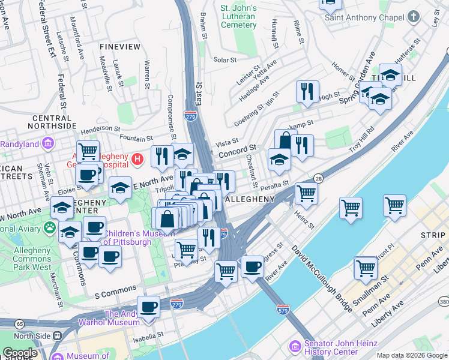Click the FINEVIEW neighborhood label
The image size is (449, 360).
click(120, 46)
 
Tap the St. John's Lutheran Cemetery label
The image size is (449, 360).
click(238, 16)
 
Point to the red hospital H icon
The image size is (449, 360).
click(138, 159)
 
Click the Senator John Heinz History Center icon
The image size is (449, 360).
click(294, 346)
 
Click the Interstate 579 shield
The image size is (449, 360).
click(284, 310)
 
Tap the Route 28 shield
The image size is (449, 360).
click(318, 178)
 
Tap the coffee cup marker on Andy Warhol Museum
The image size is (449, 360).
click(148, 307)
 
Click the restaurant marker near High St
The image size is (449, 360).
click(307, 92)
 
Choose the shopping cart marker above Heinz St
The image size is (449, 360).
click(306, 193)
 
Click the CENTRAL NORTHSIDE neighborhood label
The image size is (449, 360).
click(53, 122)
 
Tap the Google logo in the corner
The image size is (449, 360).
click(20, 353)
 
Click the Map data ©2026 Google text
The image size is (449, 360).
click(411, 355)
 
